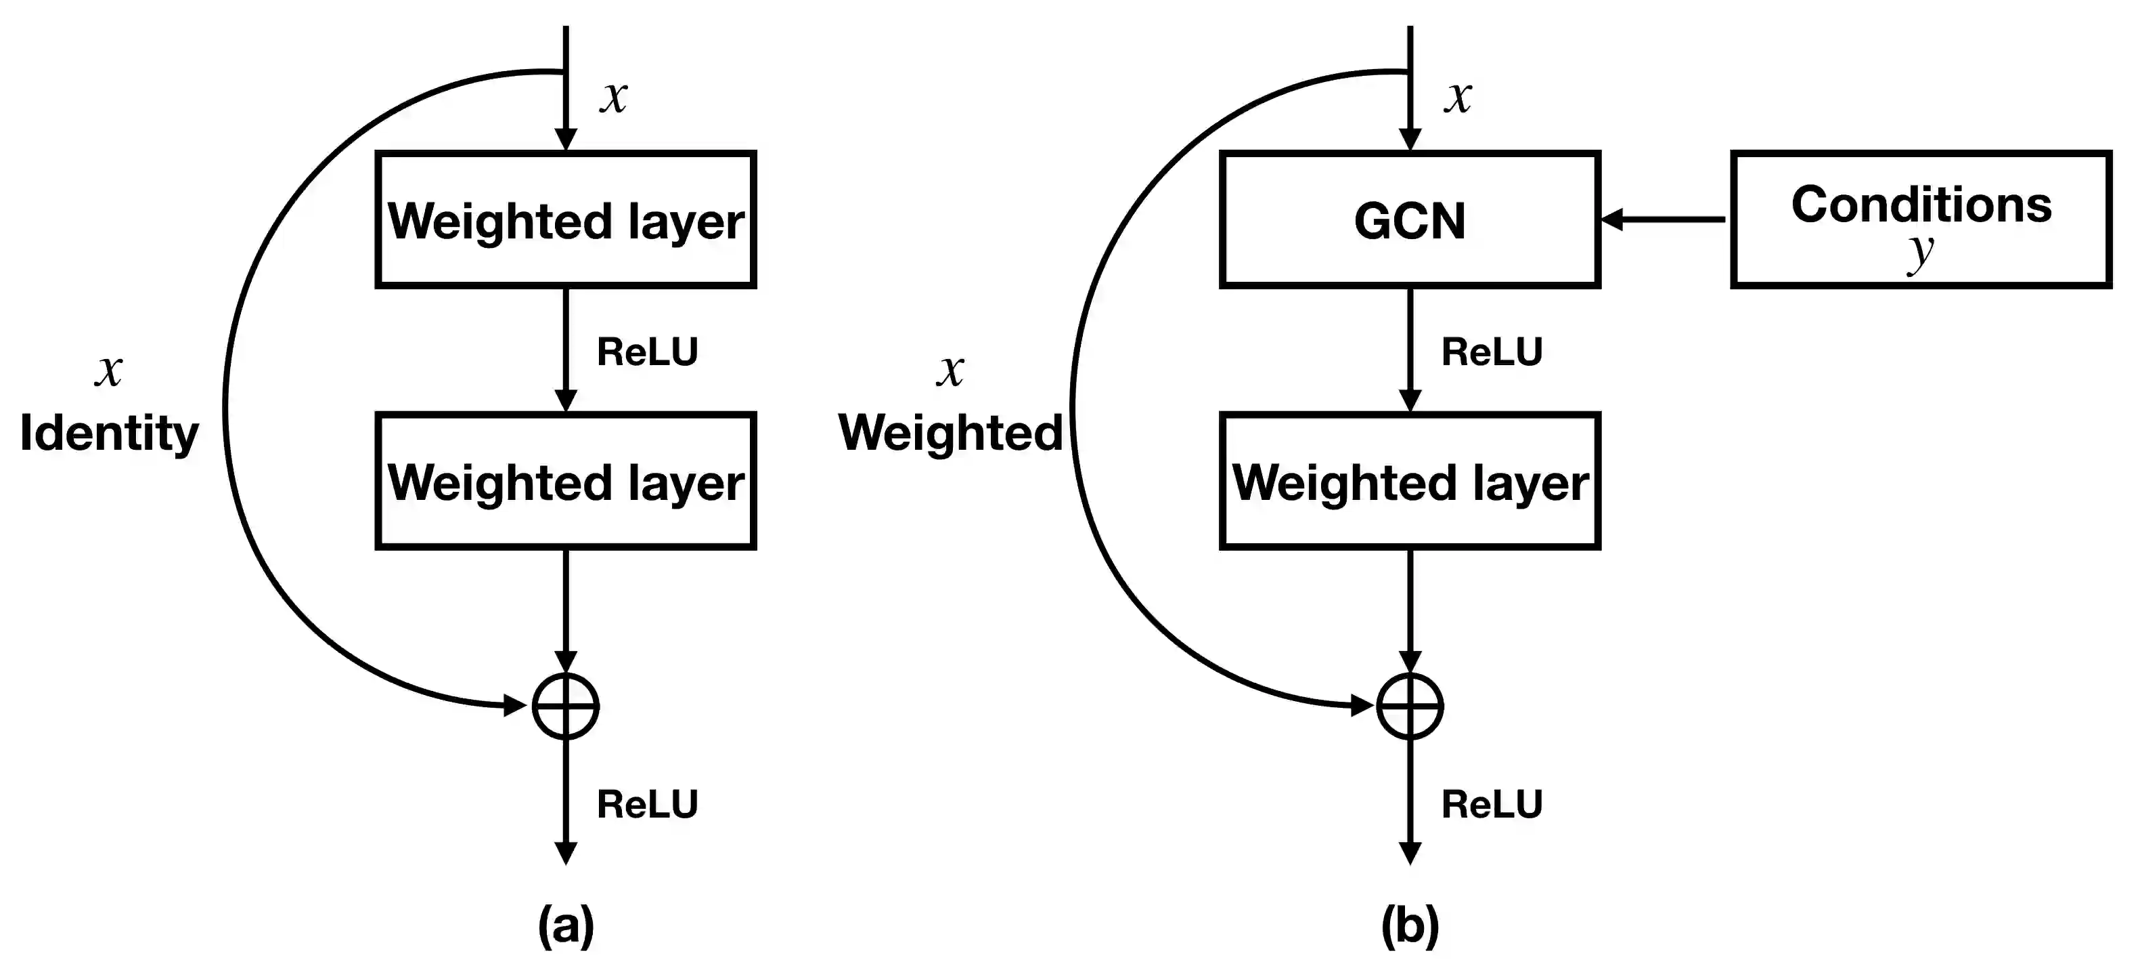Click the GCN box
1410,220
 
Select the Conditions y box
1921,220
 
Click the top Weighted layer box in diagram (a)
566,220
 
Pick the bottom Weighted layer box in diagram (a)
566,481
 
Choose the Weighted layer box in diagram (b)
1410,481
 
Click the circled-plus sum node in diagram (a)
566,706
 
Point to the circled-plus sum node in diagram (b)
1410,706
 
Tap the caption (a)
566,925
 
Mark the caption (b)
1410,925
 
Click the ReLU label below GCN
1491,352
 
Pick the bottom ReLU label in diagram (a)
647,804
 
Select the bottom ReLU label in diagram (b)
1491,804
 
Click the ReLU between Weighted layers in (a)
647,352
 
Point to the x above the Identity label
109,370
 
